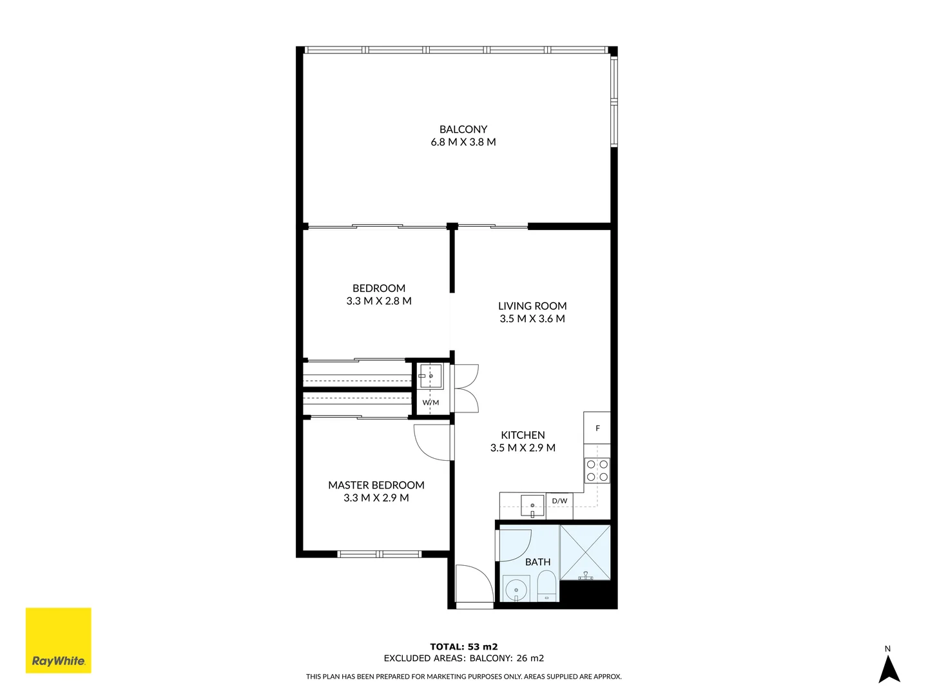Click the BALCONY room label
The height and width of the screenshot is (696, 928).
[x=463, y=130]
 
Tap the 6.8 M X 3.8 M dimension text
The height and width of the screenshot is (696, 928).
[x=463, y=142]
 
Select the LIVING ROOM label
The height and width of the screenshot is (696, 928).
[x=532, y=306]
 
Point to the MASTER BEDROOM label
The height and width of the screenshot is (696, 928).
[x=376, y=485]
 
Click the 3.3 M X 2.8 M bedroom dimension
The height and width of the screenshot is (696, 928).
[x=379, y=301]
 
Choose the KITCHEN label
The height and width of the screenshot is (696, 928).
[x=523, y=436]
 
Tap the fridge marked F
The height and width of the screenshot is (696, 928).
[x=597, y=429]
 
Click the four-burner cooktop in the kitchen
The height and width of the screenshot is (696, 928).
[x=597, y=470]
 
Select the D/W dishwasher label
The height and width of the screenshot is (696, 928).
[x=559, y=501]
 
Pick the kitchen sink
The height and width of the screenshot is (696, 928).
[x=532, y=505]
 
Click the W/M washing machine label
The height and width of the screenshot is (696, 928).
[x=430, y=403]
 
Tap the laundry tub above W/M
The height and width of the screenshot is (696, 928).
[x=431, y=376]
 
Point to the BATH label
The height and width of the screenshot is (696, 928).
[x=537, y=563]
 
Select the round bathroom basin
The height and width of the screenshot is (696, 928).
[x=516, y=590]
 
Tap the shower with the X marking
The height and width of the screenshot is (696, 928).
[x=585, y=552]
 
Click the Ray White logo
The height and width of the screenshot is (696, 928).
[x=59, y=641]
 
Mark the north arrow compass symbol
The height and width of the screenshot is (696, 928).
[x=889, y=668]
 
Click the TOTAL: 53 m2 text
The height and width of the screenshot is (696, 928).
[x=464, y=647]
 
